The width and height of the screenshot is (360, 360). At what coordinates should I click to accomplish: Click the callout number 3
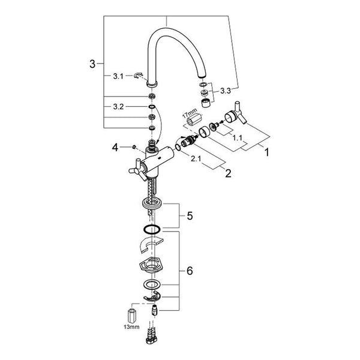click(92, 64)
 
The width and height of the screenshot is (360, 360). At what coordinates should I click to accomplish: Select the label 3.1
click(118, 76)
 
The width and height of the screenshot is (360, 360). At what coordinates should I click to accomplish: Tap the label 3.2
click(118, 107)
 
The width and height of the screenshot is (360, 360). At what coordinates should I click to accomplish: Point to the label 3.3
click(226, 91)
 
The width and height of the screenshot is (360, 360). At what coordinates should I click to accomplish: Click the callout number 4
click(115, 148)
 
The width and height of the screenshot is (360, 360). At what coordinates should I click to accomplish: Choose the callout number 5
click(190, 216)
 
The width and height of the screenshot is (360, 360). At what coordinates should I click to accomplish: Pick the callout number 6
click(190, 271)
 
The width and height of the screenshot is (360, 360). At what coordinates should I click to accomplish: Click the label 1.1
click(238, 138)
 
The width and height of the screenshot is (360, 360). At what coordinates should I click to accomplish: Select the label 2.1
click(196, 158)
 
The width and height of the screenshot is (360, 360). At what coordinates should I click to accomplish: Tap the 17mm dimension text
click(190, 113)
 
